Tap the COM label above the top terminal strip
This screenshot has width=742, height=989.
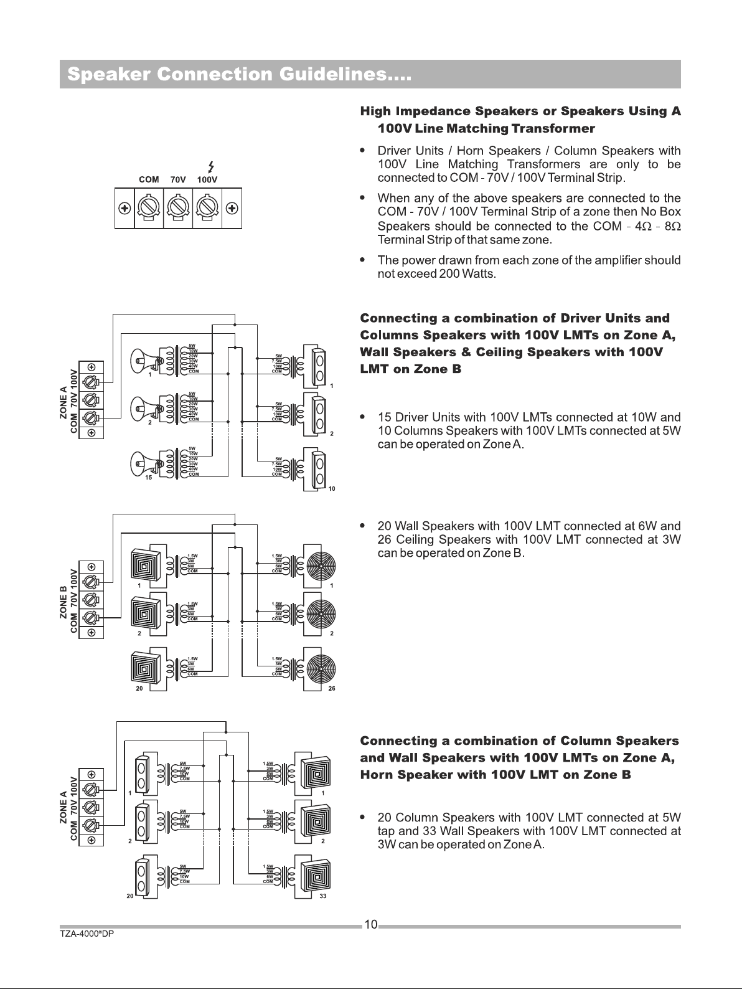[148, 179]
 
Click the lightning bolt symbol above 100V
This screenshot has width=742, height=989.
[212, 166]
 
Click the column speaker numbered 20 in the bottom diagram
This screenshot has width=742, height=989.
[142, 875]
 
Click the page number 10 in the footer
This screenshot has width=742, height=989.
[370, 925]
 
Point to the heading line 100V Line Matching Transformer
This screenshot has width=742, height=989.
[486, 129]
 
